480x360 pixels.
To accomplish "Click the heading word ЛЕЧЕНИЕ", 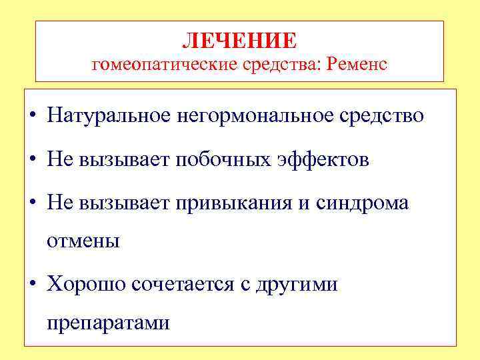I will tap(239, 41).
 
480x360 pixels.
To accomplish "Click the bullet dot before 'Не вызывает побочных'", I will tap(33, 161).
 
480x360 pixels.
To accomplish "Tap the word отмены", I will tap(83, 241).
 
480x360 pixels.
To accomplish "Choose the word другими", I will tap(297, 285).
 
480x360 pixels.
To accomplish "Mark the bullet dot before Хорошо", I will tap(33, 286).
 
